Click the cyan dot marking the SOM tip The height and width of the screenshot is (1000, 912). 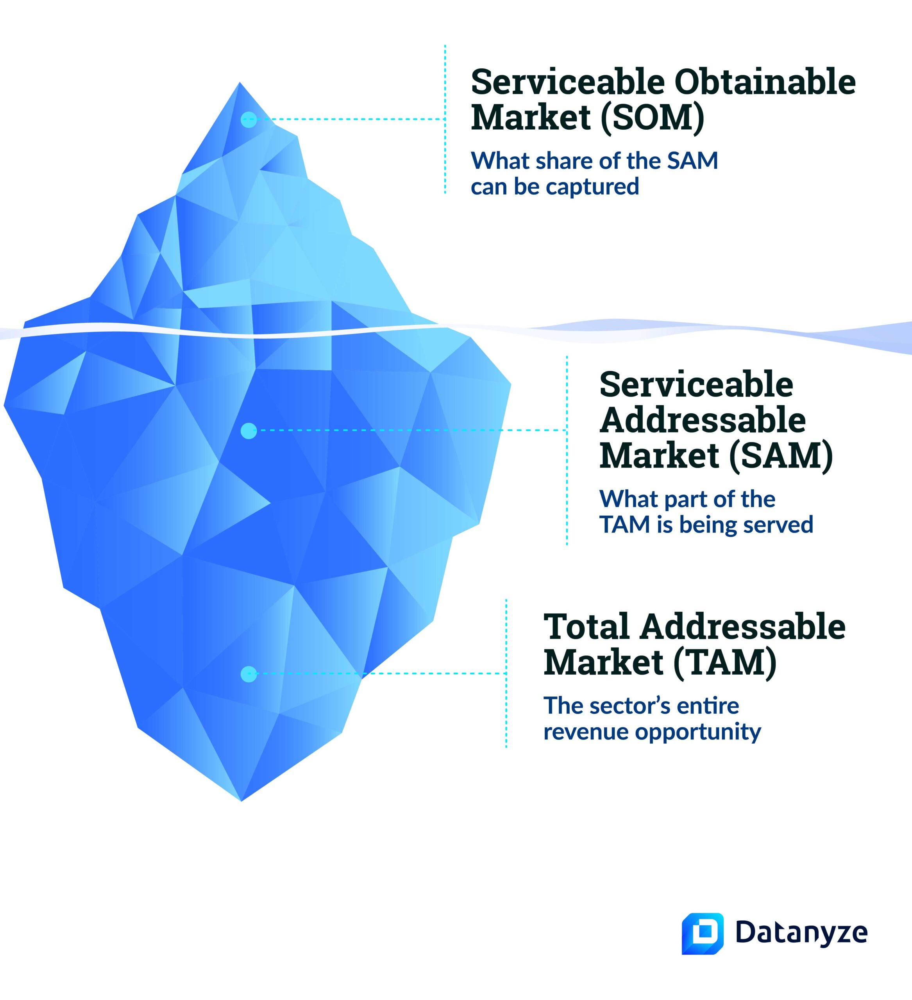coord(249,120)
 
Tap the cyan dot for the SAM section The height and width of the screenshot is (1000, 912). coord(249,430)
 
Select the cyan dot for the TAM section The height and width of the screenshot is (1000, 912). coord(249,673)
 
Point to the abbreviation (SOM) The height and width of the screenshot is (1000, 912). coord(652,118)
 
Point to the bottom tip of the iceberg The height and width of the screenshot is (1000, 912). coord(241,801)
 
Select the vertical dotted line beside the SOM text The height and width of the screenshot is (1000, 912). coord(445,119)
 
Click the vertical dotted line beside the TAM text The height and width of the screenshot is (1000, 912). coord(506,673)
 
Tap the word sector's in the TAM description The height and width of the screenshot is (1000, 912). coord(624,705)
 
